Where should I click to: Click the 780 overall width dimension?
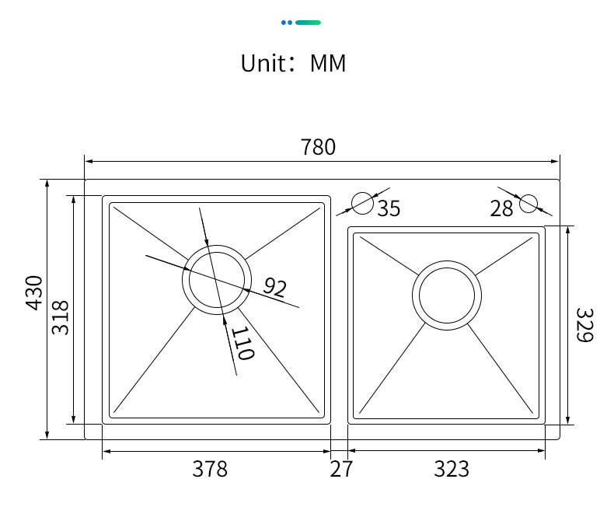[x=318, y=147]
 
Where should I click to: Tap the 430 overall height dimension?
[x=34, y=293]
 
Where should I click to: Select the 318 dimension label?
[x=61, y=317]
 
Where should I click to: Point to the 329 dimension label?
[x=584, y=325]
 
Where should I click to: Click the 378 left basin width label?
[x=210, y=469]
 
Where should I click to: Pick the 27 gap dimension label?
[x=341, y=469]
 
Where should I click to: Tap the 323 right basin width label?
[x=452, y=469]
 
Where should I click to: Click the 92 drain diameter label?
[x=275, y=287]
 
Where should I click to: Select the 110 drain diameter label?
[x=243, y=343]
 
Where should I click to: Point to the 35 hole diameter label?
[x=389, y=208]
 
